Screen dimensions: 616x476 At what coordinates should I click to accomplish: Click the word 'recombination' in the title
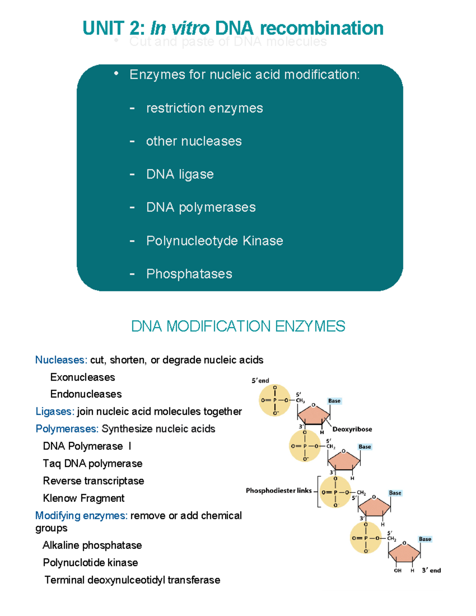point(322,29)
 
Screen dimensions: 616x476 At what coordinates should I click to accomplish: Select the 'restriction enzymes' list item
point(204,108)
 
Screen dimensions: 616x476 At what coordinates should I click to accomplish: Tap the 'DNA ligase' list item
point(180,174)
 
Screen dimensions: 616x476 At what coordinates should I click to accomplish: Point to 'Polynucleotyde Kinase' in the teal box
point(214,241)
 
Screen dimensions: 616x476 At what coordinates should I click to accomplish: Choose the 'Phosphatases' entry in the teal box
point(189,274)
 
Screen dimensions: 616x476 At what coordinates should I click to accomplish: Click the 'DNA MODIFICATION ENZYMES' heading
point(238,326)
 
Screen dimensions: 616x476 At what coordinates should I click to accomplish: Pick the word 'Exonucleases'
point(83,377)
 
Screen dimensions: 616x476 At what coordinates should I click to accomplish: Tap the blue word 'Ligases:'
point(55,411)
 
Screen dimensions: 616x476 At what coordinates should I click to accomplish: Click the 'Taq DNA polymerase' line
point(92,463)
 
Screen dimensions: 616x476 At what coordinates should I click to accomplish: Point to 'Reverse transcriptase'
point(93,481)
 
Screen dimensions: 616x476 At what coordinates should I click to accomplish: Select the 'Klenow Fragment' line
point(83,498)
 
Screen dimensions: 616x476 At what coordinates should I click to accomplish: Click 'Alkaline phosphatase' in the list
point(92,545)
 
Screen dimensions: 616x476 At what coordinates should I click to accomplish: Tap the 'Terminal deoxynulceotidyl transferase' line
point(132,580)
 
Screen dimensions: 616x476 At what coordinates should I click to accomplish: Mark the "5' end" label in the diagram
point(260,381)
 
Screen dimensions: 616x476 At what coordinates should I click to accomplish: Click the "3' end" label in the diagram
point(431,570)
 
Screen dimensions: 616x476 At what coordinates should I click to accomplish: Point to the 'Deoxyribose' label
point(352,429)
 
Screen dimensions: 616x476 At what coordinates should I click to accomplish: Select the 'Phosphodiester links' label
point(278,491)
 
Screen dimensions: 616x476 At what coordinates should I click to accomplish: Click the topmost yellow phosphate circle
point(274,400)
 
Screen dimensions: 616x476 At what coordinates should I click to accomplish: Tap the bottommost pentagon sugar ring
point(404,553)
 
